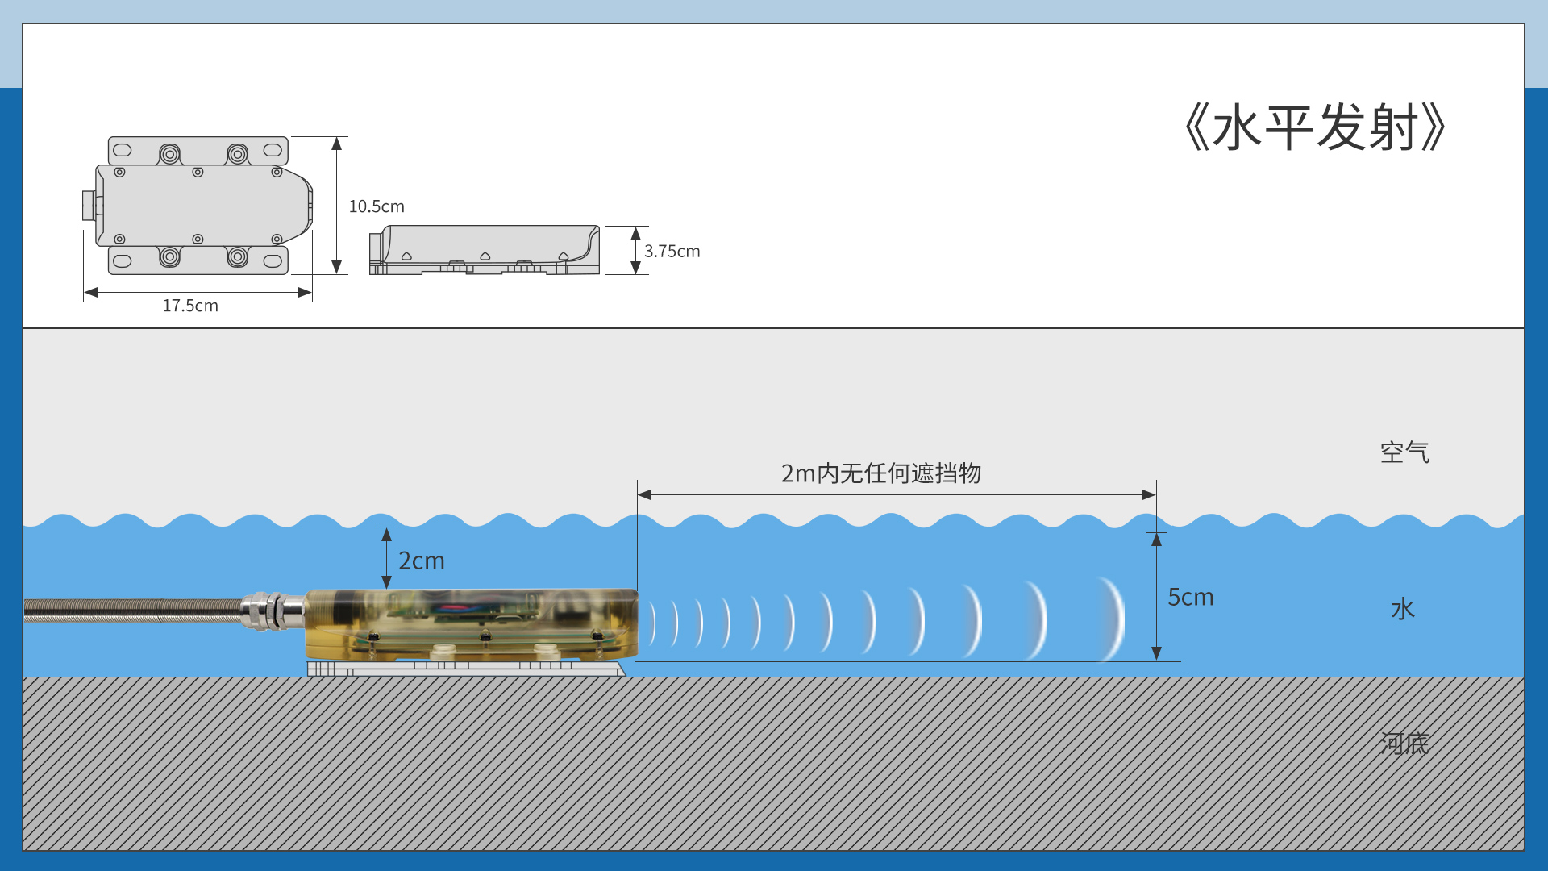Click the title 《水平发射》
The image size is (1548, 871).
tap(1314, 128)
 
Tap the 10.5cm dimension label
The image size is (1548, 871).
tap(377, 206)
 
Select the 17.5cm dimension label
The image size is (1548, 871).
tap(190, 306)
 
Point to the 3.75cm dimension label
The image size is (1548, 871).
tap(672, 252)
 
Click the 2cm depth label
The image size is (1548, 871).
tap(421, 561)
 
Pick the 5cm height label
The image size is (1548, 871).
tap(1190, 597)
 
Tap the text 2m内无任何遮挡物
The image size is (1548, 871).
tap(880, 473)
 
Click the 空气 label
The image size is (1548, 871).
tap(1404, 452)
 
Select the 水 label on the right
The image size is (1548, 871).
tap(1403, 609)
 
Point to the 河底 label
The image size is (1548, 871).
tap(1404, 743)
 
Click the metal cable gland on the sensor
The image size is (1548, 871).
tap(273, 611)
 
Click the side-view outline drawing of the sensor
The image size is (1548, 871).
tap(485, 250)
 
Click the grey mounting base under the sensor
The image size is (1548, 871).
tap(465, 669)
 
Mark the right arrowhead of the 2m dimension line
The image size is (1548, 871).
tap(1149, 494)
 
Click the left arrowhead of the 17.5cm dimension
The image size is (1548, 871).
tap(91, 292)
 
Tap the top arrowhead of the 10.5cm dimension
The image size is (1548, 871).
tap(337, 144)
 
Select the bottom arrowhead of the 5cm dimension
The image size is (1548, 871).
tap(1156, 653)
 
